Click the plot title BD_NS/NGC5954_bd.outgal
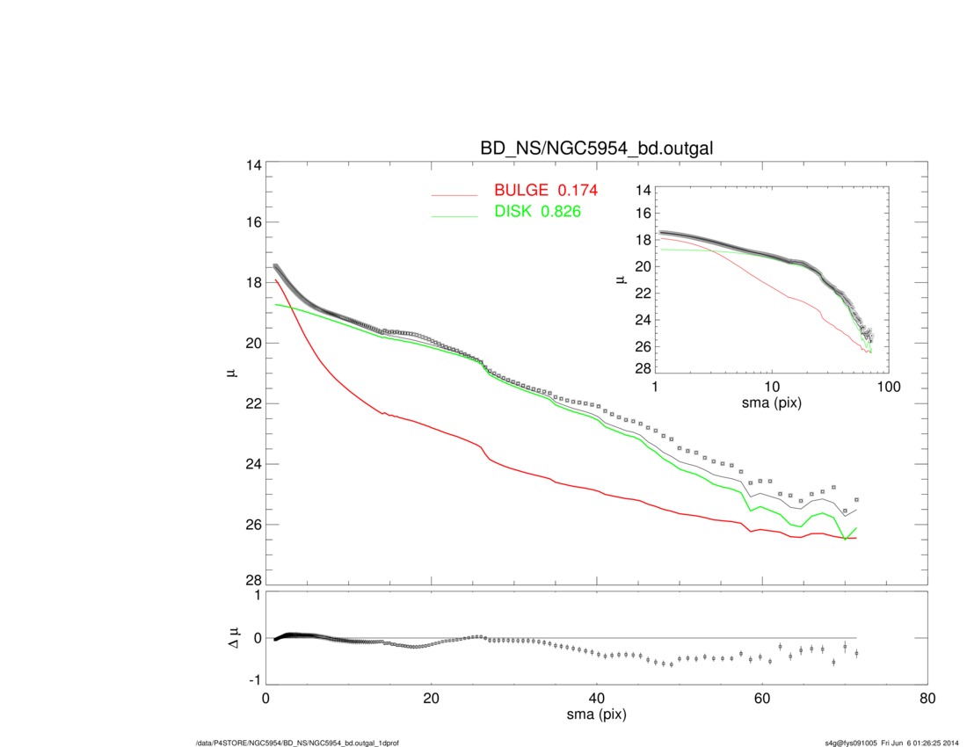pos(595,149)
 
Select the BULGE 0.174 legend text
pos(546,192)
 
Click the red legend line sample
pos(454,194)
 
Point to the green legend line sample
pos(454,215)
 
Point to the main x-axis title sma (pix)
pos(596,715)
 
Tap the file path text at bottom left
pos(298,743)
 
